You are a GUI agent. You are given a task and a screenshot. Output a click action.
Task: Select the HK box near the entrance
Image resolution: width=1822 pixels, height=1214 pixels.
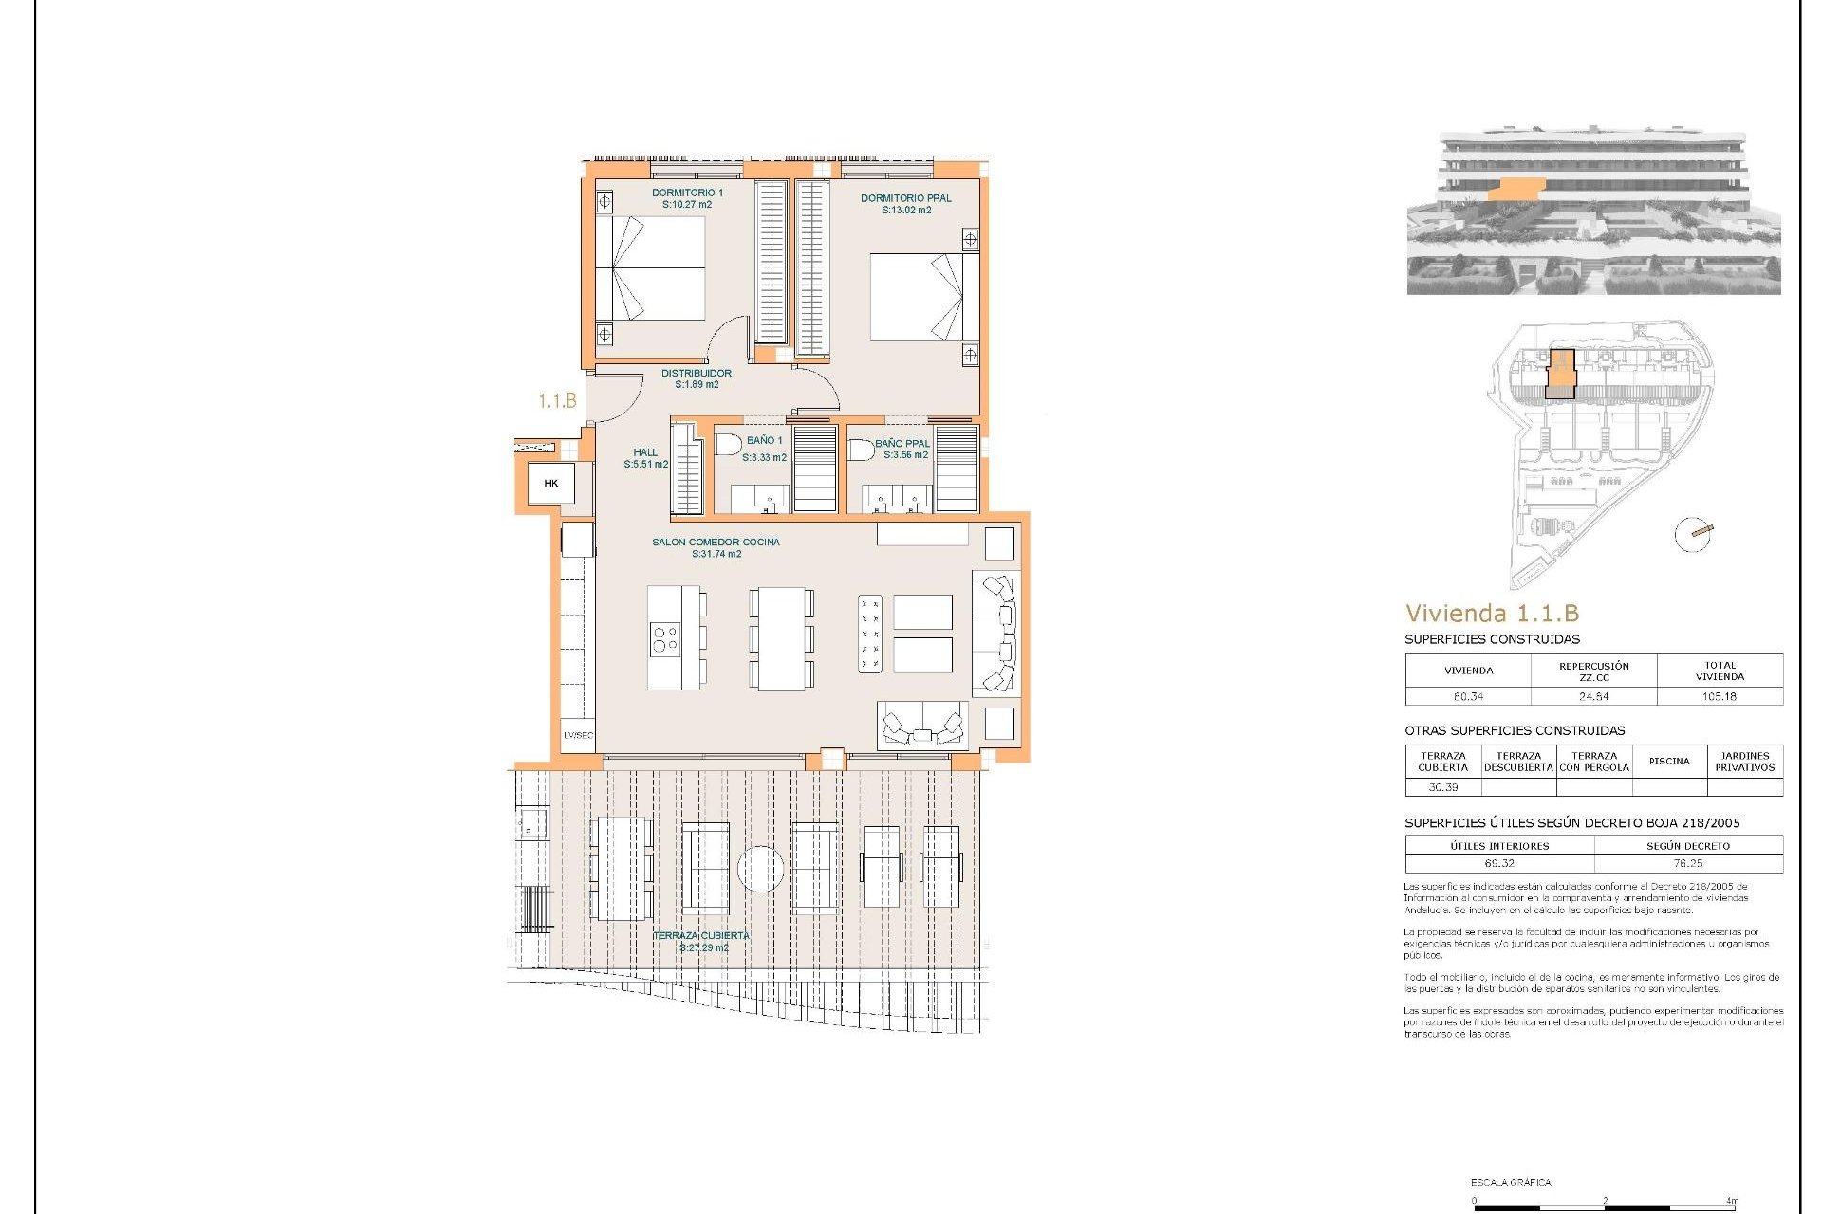[551, 484]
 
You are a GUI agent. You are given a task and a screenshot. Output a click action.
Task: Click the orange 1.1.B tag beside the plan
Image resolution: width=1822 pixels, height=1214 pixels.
[557, 401]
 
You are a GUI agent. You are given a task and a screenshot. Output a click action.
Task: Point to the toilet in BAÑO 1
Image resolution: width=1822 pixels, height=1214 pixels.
[728, 445]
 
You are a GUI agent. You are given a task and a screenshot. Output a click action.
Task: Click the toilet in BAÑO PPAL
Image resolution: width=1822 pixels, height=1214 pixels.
[861, 450]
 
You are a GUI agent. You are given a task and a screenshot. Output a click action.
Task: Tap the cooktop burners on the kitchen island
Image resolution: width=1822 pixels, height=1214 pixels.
[664, 638]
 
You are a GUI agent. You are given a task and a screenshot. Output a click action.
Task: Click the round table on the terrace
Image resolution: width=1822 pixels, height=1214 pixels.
[760, 869]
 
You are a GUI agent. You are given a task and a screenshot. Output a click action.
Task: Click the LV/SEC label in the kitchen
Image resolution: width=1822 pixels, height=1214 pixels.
[578, 735]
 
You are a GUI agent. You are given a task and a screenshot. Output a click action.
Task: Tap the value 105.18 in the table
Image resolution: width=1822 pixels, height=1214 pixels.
[1719, 696]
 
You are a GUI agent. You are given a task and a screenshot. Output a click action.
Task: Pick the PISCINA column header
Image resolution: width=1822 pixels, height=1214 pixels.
[1669, 761]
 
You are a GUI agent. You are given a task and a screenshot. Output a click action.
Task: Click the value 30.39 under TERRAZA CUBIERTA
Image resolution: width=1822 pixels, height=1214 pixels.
[1442, 787]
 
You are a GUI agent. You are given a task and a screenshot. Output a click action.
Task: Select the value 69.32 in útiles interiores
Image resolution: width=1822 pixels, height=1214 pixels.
[1499, 863]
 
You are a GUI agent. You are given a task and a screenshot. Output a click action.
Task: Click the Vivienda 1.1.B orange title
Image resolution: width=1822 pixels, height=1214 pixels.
[1492, 613]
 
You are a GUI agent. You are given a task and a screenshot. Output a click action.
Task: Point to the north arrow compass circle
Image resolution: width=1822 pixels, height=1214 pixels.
[1693, 534]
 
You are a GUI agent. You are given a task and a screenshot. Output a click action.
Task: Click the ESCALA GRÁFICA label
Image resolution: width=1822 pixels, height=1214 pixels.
[1511, 1182]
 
